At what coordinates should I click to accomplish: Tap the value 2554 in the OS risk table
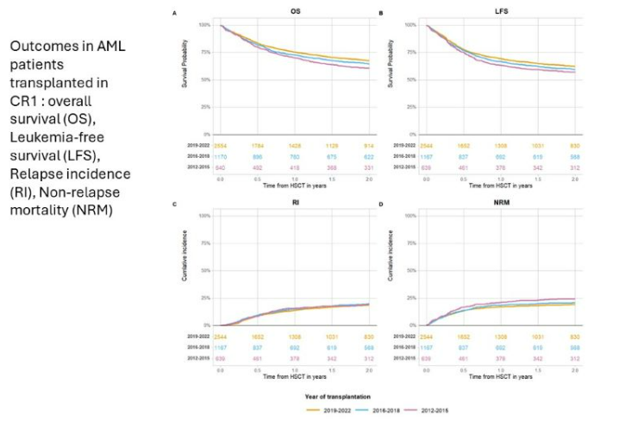pos(220,148)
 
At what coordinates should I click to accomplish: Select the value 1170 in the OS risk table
pos(220,156)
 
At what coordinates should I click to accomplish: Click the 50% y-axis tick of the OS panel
pos(203,79)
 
